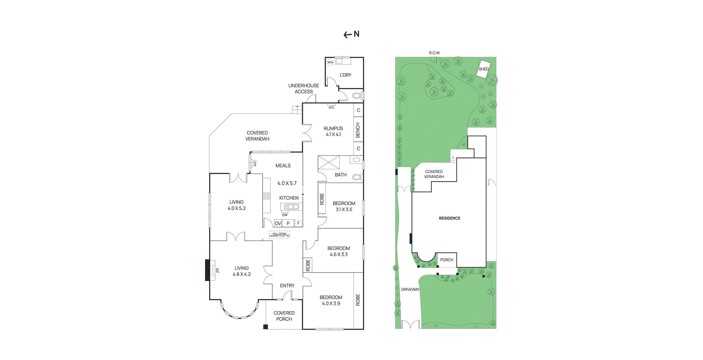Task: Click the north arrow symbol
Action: pyautogui.click(x=348, y=35)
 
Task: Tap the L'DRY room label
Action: pyautogui.click(x=345, y=75)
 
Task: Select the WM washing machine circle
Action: pyautogui.click(x=330, y=62)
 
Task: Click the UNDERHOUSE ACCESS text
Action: pyautogui.click(x=304, y=89)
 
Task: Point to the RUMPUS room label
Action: pyautogui.click(x=333, y=128)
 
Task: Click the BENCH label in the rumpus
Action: pyautogui.click(x=358, y=130)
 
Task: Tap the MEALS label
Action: pyautogui.click(x=283, y=165)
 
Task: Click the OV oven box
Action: pyautogui.click(x=278, y=223)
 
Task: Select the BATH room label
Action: pyautogui.click(x=340, y=175)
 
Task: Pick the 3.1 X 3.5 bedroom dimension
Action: pyautogui.click(x=344, y=209)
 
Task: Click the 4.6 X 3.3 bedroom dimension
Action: pyautogui.click(x=339, y=255)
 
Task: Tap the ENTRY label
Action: pyautogui.click(x=287, y=286)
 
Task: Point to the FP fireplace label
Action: pyautogui.click(x=218, y=270)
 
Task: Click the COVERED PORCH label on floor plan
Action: pyautogui.click(x=284, y=316)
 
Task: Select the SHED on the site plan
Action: pyautogui.click(x=483, y=69)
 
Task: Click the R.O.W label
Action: pyautogui.click(x=434, y=53)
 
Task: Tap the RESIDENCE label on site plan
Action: pyautogui.click(x=449, y=218)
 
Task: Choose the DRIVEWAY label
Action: pyautogui.click(x=410, y=289)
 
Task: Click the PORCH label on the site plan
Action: pyautogui.click(x=447, y=260)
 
